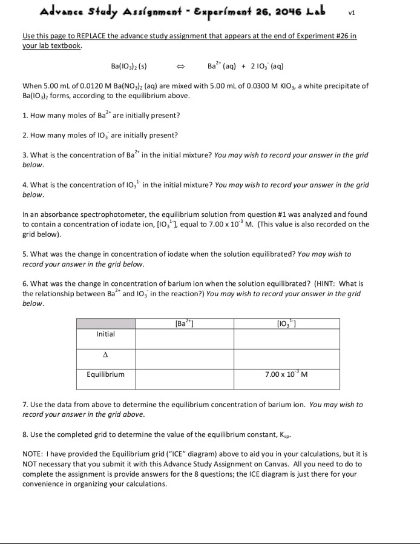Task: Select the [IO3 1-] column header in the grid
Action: (x=286, y=323)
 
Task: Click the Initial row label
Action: (x=105, y=334)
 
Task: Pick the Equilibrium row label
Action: (x=106, y=374)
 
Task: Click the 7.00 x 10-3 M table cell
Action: (x=286, y=374)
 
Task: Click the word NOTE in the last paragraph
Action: (x=34, y=453)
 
